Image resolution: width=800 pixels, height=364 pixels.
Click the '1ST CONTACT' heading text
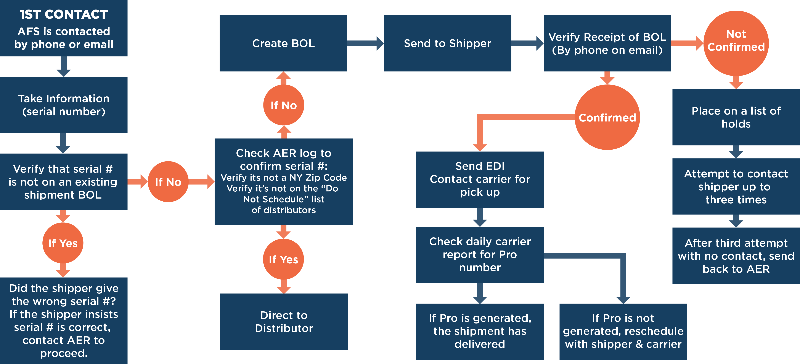pyautogui.click(x=64, y=15)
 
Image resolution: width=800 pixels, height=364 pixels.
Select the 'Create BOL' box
pyautogui.click(x=283, y=43)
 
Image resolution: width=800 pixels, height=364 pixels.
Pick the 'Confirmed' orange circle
pyautogui.click(x=607, y=118)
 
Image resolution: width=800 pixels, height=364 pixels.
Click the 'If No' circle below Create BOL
pyautogui.click(x=284, y=105)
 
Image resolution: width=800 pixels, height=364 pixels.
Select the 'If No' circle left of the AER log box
pyautogui.click(x=168, y=182)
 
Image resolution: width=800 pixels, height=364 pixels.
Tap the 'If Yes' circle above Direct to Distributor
pyautogui.click(x=284, y=259)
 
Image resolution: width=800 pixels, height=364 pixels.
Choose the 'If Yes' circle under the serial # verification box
pyautogui.click(x=63, y=243)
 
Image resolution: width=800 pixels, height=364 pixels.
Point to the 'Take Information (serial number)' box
pyautogui.click(x=64, y=105)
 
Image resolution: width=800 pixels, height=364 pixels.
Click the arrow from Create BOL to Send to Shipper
pyautogui.click(x=365, y=43)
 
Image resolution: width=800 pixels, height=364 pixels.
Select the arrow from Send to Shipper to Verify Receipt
pyautogui.click(x=527, y=43)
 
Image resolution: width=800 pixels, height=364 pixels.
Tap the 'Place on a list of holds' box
pyautogui.click(x=736, y=117)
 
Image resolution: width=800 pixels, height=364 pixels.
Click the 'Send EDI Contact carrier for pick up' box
pyautogui.click(x=480, y=179)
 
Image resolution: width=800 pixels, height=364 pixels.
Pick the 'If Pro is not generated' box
pyautogui.click(x=623, y=331)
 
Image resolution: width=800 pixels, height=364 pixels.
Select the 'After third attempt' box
pyautogui.click(x=736, y=256)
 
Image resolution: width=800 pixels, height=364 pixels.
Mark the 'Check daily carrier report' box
pyautogui.click(x=480, y=255)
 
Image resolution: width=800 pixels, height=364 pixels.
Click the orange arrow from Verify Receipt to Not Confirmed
pyautogui.click(x=687, y=43)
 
